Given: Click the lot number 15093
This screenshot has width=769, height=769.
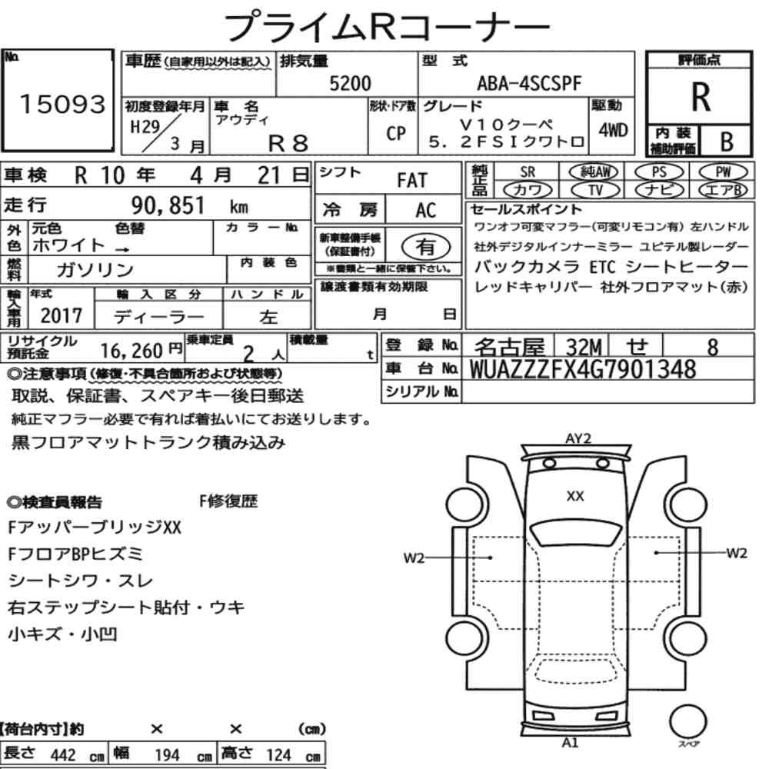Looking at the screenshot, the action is click(x=62, y=104).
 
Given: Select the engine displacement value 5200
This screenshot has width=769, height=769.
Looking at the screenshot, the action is click(x=350, y=83).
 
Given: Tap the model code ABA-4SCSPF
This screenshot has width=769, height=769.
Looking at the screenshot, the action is click(x=529, y=83).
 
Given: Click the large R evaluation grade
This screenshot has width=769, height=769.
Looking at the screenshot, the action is click(x=701, y=97).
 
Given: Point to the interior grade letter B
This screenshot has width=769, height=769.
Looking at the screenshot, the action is click(x=727, y=141).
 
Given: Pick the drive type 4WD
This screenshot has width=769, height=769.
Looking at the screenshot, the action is click(x=613, y=130).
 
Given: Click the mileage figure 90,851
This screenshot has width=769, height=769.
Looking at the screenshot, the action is click(x=168, y=205).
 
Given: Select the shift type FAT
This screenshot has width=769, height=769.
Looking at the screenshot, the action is click(x=412, y=180).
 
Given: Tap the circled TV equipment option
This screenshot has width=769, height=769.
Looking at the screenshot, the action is click(x=595, y=190).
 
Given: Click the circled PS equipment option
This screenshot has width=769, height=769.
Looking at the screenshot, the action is click(x=659, y=172).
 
